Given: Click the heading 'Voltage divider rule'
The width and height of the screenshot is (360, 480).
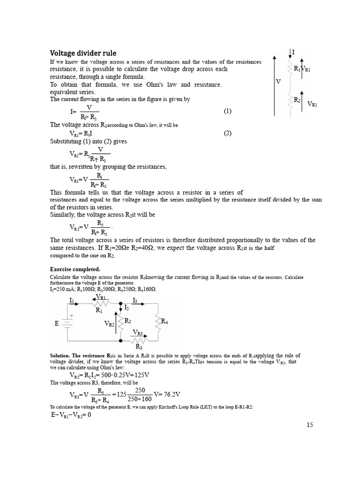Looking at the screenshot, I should coord(83,53).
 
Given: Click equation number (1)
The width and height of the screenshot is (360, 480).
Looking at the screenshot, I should coord(227,111).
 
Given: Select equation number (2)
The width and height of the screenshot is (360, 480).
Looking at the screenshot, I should coord(227,133).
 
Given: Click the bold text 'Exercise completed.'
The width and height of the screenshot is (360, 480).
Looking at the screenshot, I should coord(75,270).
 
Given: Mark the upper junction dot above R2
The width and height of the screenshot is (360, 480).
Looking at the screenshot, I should coord(121,303).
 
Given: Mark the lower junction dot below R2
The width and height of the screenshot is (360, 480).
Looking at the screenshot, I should coord(121,341).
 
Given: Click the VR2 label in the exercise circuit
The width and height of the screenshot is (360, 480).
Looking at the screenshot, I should coord(109,324).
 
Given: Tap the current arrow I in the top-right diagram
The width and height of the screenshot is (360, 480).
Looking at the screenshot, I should coord(291,52).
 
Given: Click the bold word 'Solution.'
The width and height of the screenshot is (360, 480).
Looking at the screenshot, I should coord(62,355).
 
